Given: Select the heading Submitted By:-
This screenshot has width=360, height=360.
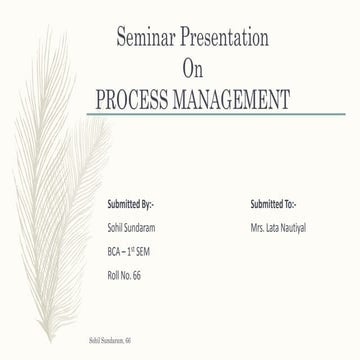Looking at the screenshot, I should pos(130,204).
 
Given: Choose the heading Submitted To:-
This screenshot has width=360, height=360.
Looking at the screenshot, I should pos(273,204).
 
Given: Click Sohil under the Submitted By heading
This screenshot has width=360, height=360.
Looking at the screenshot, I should pos(115,228).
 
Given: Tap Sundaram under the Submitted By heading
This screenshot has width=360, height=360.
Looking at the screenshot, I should pos(144,228).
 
